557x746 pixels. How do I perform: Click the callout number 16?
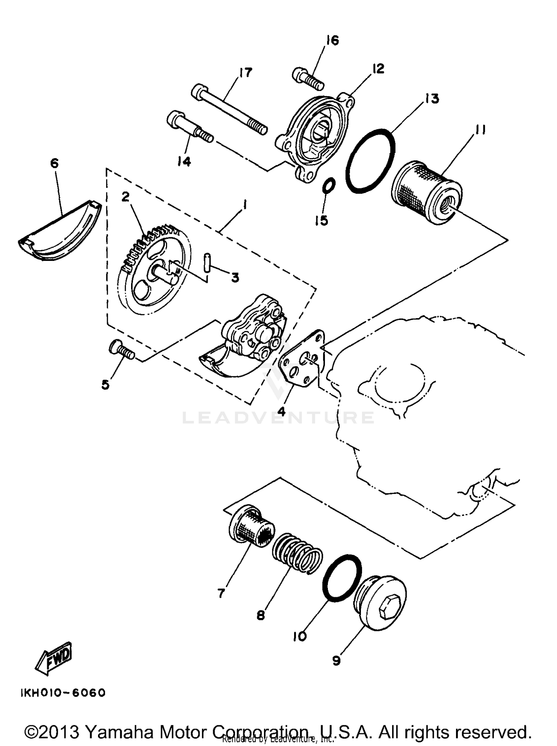click(333, 40)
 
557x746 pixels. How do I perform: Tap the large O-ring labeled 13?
click(370, 160)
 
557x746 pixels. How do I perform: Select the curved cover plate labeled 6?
click(59, 234)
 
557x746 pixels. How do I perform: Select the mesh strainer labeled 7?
click(252, 527)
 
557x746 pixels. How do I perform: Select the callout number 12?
click(378, 69)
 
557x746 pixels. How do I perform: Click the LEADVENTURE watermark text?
click(278, 418)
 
